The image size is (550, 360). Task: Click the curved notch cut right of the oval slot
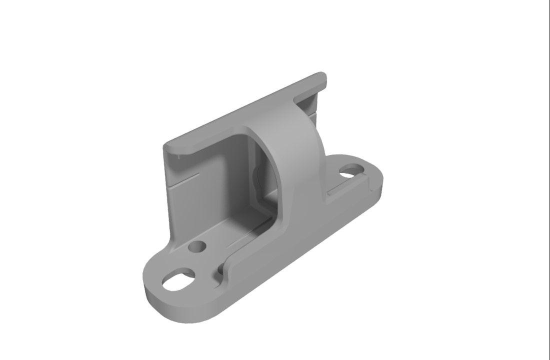pyautogui.click(x=218, y=272)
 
